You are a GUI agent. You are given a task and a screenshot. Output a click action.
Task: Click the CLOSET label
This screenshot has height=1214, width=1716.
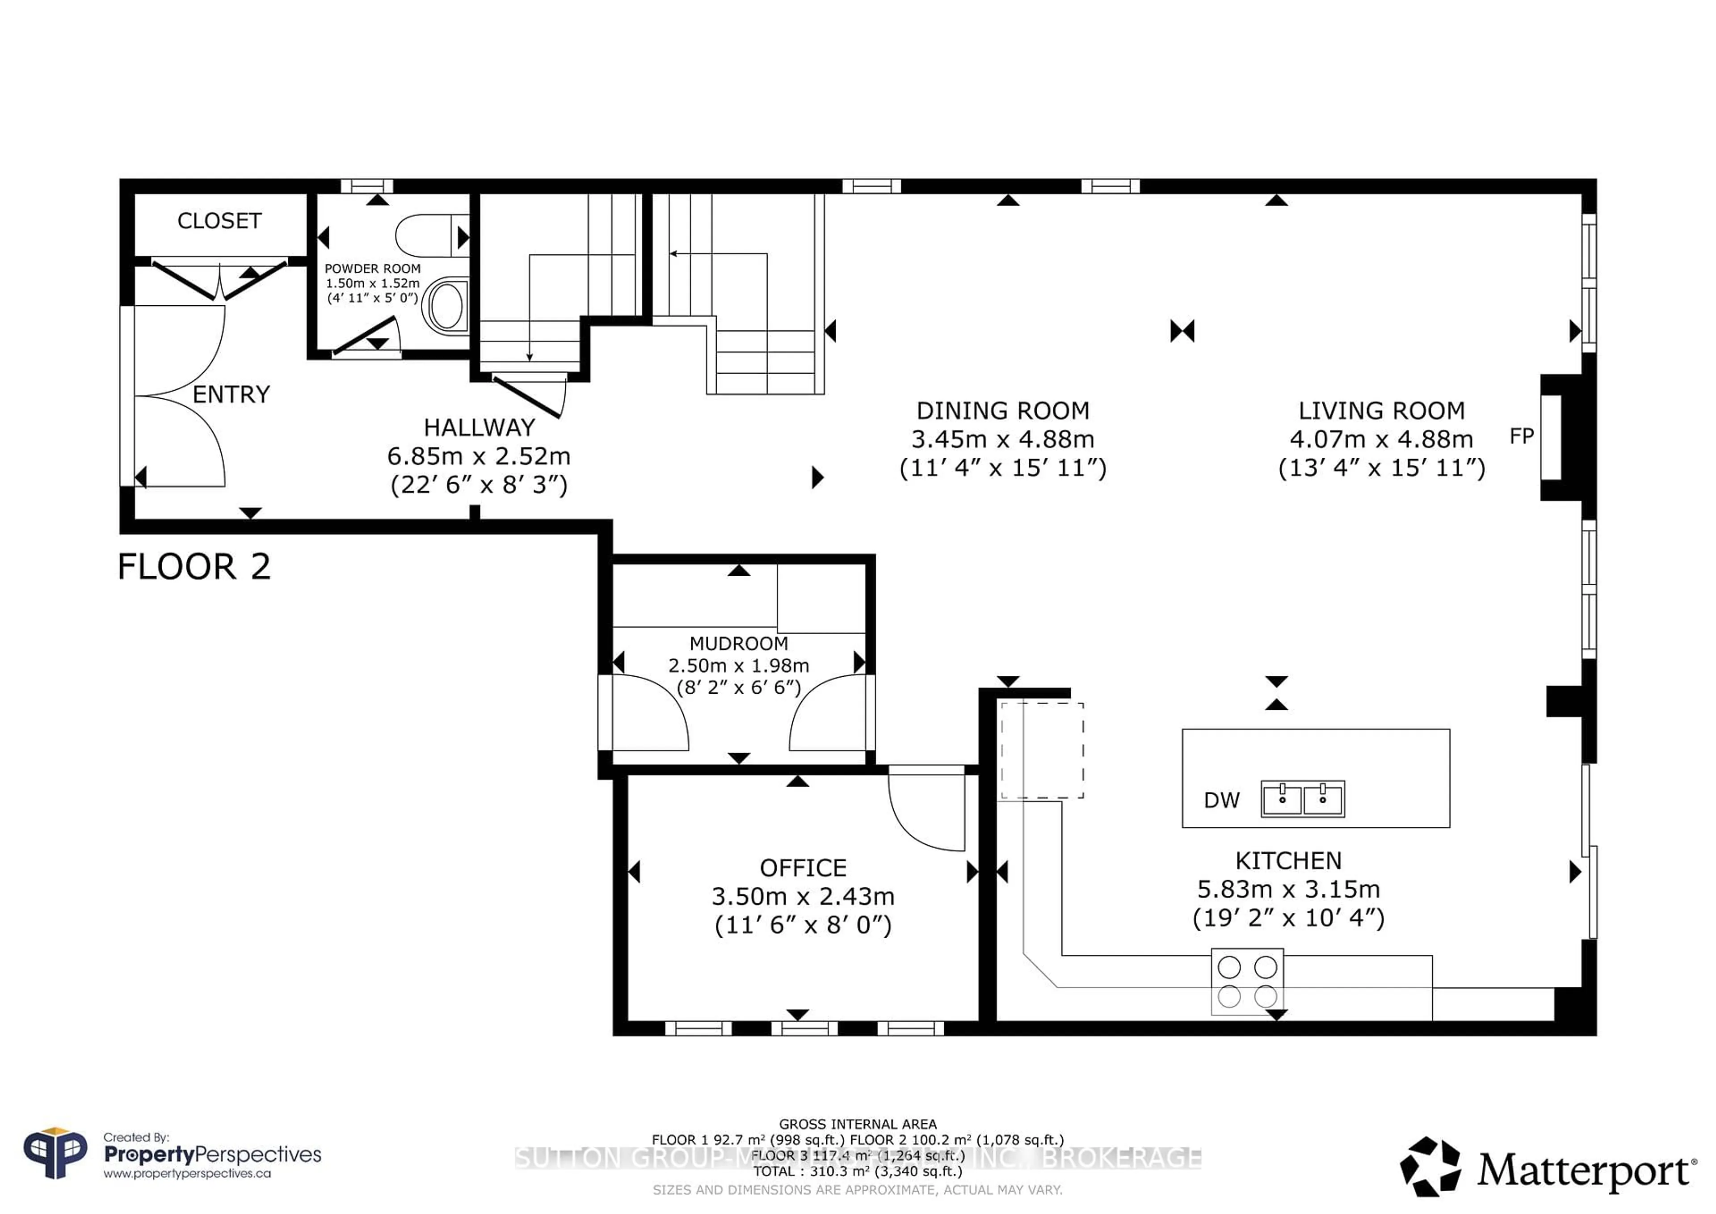pos(219,221)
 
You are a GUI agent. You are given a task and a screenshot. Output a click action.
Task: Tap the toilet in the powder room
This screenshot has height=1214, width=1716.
pos(430,236)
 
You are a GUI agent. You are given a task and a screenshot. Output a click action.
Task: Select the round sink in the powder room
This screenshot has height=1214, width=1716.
pos(446,304)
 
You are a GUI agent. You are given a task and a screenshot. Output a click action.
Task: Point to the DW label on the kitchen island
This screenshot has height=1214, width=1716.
pos(1221,801)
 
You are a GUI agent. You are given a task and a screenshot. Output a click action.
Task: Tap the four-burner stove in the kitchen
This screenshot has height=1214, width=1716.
pos(1247,982)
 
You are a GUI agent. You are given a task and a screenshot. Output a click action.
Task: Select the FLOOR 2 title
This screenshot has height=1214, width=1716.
pos(193,567)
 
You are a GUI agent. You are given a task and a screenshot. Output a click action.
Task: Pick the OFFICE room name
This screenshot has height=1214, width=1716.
pos(803,868)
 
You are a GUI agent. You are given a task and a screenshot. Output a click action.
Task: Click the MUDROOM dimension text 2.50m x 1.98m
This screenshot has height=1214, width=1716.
pos(738,665)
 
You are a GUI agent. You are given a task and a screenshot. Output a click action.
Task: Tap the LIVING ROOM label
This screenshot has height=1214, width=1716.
pos(1381,411)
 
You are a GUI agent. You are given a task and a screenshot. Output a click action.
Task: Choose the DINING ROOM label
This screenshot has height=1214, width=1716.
pos(1002,411)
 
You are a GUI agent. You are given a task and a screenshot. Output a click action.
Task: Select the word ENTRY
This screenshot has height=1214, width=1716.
pos(231,395)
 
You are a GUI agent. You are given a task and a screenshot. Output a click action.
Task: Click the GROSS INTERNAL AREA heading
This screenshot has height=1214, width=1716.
pos(857,1124)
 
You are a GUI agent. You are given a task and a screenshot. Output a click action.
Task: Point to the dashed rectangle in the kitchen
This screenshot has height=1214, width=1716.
pos(1042,750)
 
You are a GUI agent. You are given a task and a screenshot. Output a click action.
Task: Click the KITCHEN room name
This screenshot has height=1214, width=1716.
pos(1288,861)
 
